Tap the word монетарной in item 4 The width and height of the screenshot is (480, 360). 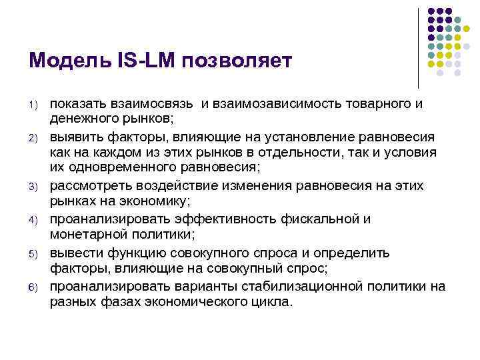pos(85,235)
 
